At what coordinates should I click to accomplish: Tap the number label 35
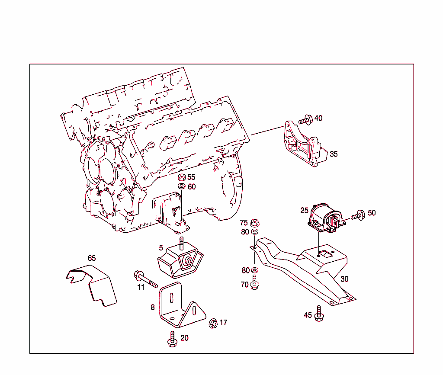pos(334,154)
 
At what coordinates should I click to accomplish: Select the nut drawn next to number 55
pos(182,177)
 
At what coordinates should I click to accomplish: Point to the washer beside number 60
pos(182,186)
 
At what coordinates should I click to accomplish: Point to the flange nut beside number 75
pos(255,223)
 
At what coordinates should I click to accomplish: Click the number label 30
pos(344,279)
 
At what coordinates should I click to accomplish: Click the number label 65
pos(92,258)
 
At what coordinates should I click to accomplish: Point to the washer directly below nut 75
pos(255,232)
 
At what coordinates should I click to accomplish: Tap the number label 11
pos(141,288)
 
